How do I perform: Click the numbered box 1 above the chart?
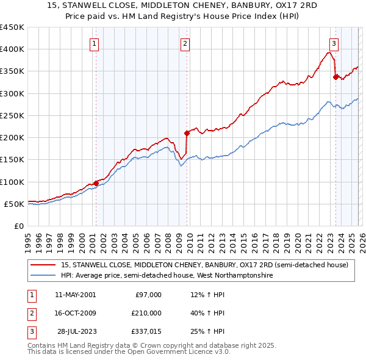pos(95,43)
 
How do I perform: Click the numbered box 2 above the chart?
pos(185,43)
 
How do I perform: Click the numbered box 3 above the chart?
pos(334,43)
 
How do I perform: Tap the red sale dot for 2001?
pos(96,183)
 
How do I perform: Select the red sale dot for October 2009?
pos(187,133)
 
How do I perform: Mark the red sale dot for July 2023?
pos(335,77)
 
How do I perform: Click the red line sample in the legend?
pos(43,265)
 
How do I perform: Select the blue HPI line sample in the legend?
pos(43,276)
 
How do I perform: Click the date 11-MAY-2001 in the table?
pos(75,295)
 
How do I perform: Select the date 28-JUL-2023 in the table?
pos(77,331)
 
